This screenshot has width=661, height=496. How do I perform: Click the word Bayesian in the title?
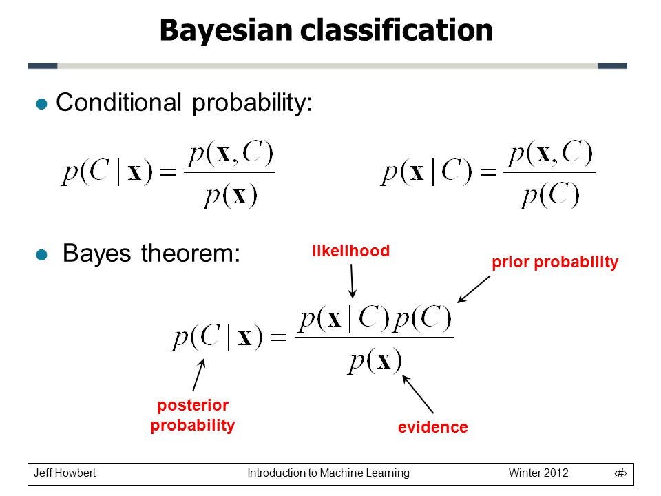pos(227,31)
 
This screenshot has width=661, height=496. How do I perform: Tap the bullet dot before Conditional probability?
pos(42,104)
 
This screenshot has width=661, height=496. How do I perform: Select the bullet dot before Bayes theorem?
pos(42,255)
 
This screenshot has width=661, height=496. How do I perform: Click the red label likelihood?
pos(350,251)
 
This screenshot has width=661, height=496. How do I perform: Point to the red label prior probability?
pos(555,262)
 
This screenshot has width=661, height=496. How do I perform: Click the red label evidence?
pos(433,427)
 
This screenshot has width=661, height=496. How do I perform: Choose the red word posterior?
pos(193,405)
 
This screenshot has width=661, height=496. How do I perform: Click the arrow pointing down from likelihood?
pos(353,281)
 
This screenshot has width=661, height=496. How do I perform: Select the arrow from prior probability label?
pos(474,289)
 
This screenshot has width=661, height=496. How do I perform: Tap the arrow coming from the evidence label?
pos(418,394)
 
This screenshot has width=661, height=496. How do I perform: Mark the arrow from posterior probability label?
pos(199,375)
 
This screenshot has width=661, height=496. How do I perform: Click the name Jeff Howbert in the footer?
pos(65,473)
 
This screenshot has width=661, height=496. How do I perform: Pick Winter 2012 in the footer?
pos(538,473)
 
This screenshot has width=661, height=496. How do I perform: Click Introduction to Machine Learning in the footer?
pos(328,473)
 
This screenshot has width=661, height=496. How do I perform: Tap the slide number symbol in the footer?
pos(620,473)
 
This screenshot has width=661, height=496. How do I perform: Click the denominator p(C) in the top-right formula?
pos(549,196)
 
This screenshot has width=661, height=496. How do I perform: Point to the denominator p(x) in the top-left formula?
pos(230,196)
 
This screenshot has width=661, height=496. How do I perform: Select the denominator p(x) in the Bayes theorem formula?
pos(375,361)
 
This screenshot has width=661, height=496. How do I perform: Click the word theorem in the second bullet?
pos(190,254)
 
